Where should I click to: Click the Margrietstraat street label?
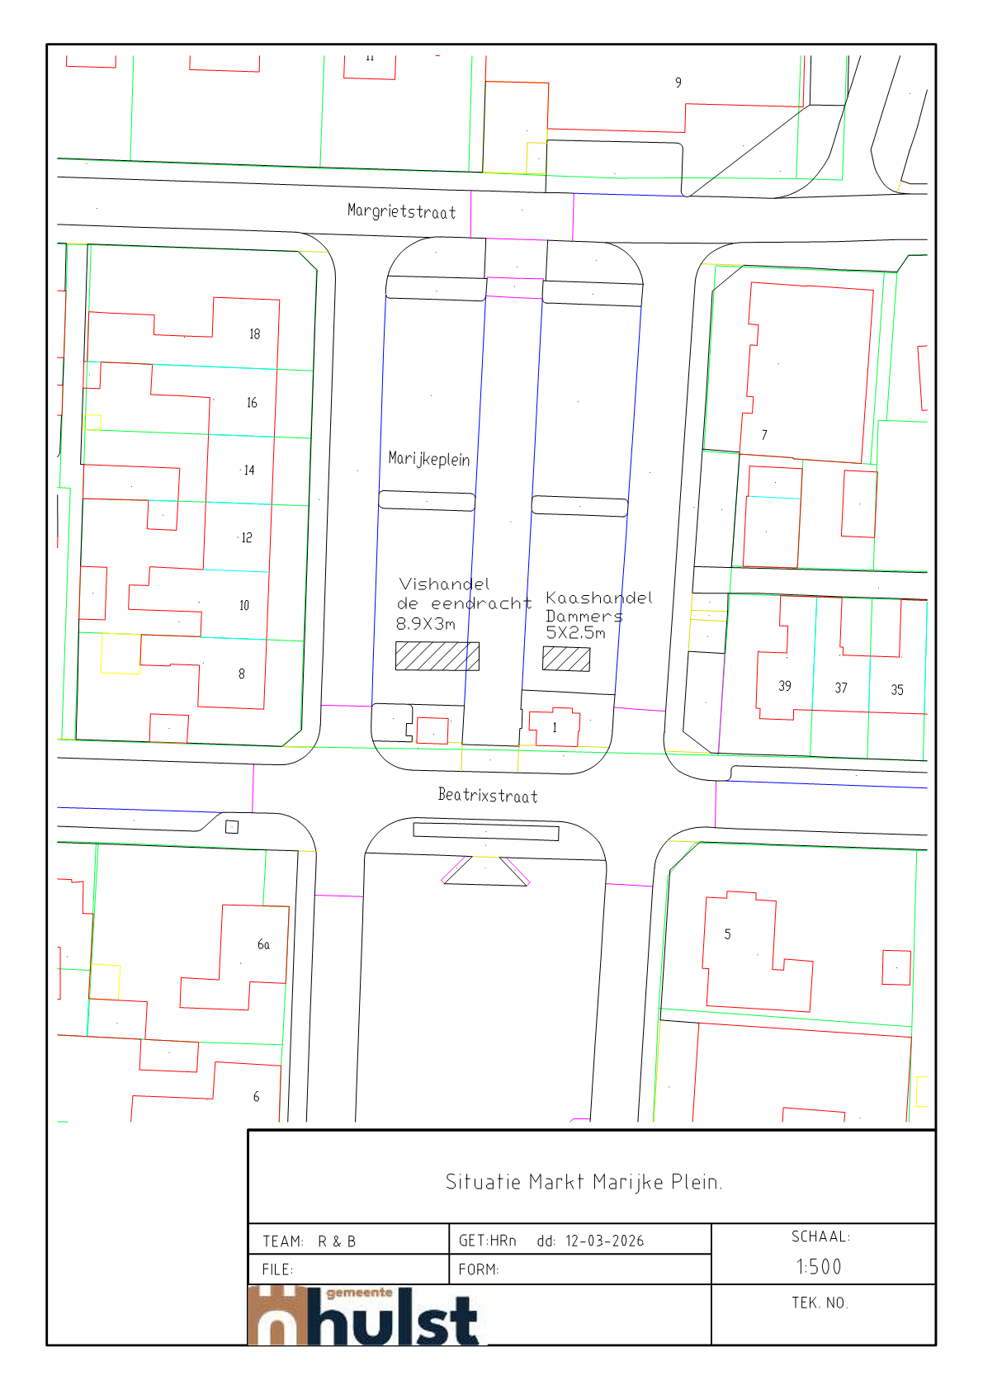401,211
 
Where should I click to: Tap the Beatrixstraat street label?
488,796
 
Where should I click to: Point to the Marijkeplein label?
429,459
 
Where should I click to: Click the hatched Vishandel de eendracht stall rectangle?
437,656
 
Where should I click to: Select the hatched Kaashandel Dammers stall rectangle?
566,659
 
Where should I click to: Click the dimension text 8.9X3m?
426,624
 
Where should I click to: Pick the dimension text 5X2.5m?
575,633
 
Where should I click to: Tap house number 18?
254,334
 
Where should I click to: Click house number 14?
249,470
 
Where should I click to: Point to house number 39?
785,686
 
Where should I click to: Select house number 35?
897,690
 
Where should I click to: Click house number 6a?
264,944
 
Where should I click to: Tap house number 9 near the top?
678,83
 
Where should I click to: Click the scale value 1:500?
819,1267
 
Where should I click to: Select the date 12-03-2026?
604,1241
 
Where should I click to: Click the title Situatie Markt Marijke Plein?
584,1182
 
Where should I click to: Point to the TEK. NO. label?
820,1303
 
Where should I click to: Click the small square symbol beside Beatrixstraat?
232,827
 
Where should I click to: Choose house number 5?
727,934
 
